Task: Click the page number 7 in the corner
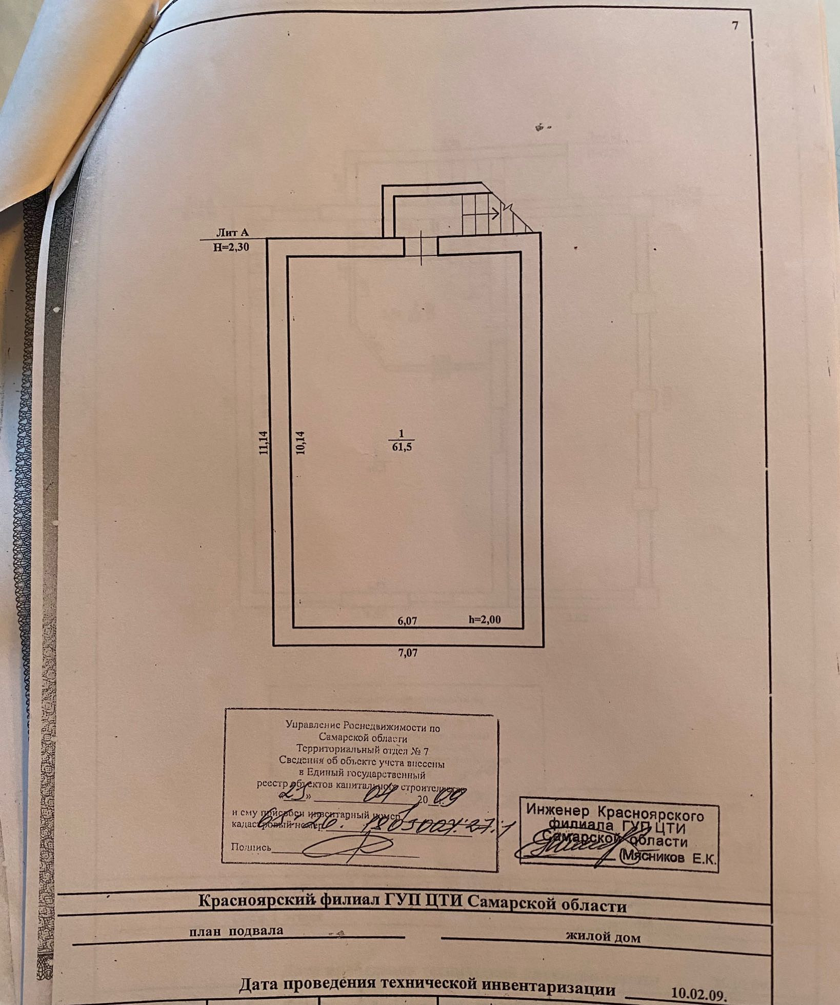point(735,26)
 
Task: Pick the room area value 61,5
point(402,447)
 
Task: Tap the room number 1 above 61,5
point(402,434)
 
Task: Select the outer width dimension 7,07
point(408,653)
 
